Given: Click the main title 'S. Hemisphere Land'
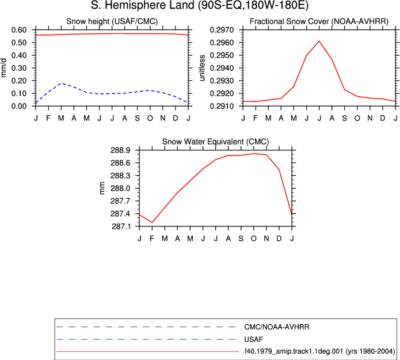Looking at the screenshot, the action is pos(143,5).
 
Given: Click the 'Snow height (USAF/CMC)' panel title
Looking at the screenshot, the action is pos(112,21).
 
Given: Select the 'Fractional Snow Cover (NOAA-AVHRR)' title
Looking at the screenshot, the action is pos(319,21).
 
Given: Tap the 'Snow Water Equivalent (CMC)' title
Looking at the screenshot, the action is pos(216,142).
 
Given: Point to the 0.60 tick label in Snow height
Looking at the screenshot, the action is pos(19,30).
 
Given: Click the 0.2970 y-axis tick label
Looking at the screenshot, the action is pos(222,30).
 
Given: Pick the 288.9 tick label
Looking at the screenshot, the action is pos(120,150).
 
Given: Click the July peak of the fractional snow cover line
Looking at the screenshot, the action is pos(319,41).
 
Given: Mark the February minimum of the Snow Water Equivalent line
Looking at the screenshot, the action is pos(152,222).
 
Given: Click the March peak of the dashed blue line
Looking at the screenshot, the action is pos(61,84).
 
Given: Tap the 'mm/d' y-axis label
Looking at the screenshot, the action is pos(3,68).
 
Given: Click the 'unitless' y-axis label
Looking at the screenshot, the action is pos(202,68).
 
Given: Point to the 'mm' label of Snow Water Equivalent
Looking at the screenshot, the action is pos(102,188).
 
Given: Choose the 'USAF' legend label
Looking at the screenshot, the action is pos(253,339).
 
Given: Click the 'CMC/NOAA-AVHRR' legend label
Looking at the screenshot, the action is pos(276,327).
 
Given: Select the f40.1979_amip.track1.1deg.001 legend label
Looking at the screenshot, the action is pos(294,351).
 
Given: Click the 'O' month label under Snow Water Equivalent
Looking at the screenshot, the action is pos(254,238).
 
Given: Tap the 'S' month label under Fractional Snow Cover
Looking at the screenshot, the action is pos(344,118).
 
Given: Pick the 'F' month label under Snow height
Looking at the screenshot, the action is pos(48,118).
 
